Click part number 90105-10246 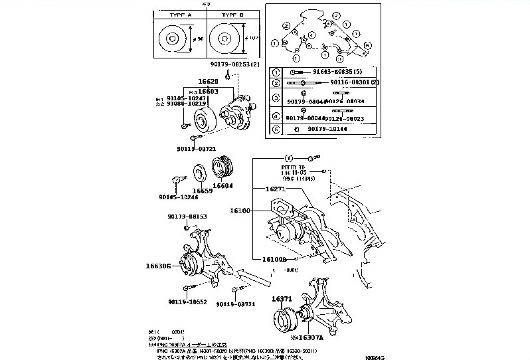(x=177, y=197)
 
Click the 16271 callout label (x=276, y=189)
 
